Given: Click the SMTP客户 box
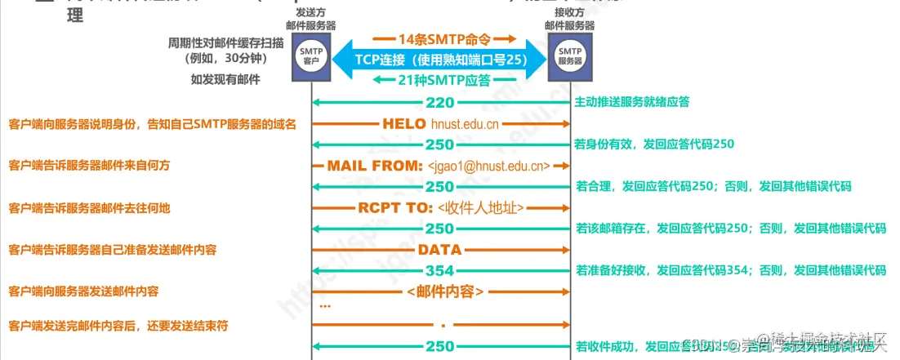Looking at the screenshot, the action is (x=312, y=56).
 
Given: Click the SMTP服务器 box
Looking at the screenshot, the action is (x=570, y=56).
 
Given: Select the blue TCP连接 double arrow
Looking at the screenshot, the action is (x=441, y=60).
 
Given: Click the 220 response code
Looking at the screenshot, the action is (x=440, y=103).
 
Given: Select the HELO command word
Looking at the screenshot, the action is (x=403, y=124).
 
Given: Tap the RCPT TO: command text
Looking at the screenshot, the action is (x=394, y=207).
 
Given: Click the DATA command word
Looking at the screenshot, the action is (x=440, y=249).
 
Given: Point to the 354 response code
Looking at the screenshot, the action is (x=440, y=270).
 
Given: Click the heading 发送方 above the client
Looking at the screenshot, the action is (x=312, y=12).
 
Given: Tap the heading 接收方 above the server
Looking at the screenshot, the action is (x=570, y=12).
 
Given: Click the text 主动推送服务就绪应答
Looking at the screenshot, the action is (x=632, y=102).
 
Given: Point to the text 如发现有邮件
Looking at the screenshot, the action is (x=225, y=79).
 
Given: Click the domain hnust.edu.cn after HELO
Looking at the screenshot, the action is (x=466, y=125).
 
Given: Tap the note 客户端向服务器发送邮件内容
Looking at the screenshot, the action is (x=83, y=291).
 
